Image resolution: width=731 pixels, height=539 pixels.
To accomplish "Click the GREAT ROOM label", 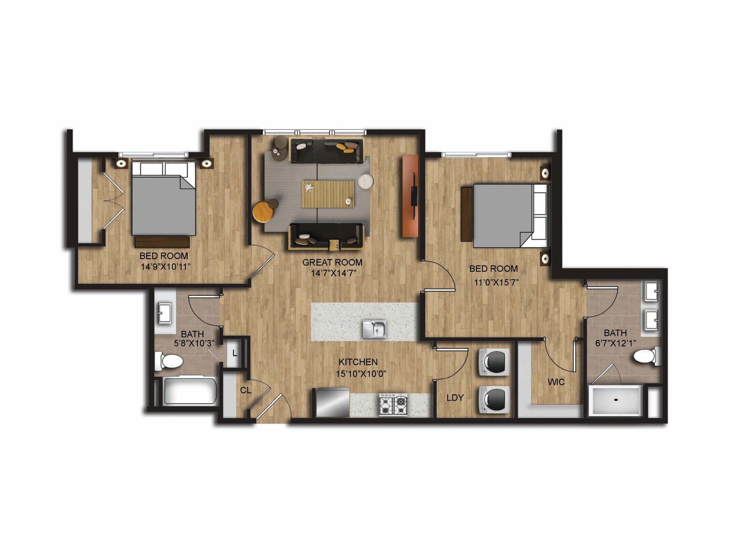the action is point(332,262).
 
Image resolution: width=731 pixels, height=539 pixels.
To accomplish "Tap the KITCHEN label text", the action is point(358,362).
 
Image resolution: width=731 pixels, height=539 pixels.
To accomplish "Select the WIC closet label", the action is point(556,382).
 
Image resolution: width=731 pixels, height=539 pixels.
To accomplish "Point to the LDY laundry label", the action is point(455,398).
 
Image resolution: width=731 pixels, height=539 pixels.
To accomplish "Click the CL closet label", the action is point(246,390).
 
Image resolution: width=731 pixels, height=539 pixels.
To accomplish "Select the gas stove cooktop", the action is point(393,405).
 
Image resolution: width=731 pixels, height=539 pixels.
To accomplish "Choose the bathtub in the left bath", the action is point(186,391).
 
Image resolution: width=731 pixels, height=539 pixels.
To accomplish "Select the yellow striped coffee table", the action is point(328,194).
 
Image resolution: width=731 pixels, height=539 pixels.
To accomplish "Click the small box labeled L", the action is point(234,353).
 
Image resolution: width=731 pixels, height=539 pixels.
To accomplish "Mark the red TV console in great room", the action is point(410,196).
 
